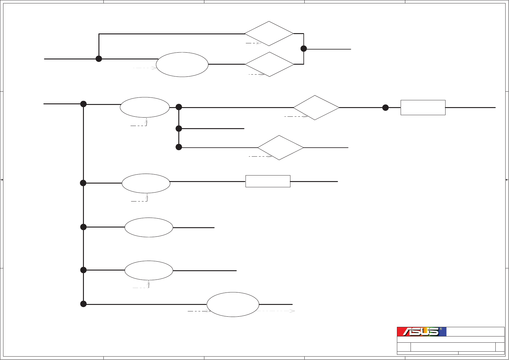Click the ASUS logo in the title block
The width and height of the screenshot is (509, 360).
[421, 332]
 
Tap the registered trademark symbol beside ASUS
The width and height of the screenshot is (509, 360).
[441, 329]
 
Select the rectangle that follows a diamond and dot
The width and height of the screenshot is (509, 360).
[423, 108]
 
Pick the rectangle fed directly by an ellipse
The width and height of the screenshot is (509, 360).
[268, 181]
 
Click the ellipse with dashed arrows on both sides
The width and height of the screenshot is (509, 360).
[233, 305]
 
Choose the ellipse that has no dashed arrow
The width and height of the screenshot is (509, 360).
[149, 228]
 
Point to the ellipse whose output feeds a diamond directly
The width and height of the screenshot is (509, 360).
[182, 65]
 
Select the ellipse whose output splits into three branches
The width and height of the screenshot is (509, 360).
[145, 107]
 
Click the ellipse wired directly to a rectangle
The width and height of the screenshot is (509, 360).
[146, 183]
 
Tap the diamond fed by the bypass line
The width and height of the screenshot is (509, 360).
[269, 34]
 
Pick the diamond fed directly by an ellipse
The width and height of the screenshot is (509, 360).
[269, 64]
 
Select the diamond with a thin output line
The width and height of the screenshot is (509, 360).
[281, 148]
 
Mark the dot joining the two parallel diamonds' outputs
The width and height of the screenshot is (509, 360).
[304, 49]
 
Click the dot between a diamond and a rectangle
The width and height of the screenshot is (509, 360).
[385, 108]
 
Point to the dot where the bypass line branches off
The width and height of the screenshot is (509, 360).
[99, 59]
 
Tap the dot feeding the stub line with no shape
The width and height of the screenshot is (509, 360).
[179, 128]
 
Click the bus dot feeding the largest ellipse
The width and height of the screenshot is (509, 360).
[83, 304]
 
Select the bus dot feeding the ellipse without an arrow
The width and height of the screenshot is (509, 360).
[83, 227]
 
